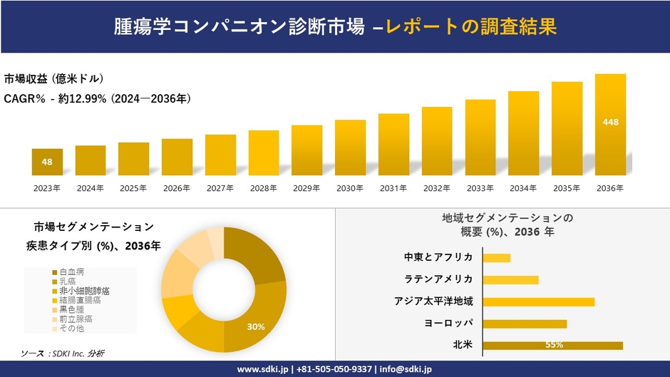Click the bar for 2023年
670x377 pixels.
[47, 162]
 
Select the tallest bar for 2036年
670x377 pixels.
[610, 125]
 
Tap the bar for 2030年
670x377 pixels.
[350, 148]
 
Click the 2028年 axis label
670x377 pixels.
[263, 188]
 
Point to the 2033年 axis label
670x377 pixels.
[480, 188]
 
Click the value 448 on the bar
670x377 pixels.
[610, 122]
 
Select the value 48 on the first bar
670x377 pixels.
[47, 162]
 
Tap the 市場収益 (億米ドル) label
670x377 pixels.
[54, 78]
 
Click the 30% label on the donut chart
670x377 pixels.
[256, 326]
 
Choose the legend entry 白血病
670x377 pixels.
[71, 272]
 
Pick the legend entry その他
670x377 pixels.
[71, 328]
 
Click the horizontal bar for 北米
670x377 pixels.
[553, 346]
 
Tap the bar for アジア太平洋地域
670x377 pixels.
[539, 301]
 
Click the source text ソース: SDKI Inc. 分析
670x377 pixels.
[62, 353]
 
